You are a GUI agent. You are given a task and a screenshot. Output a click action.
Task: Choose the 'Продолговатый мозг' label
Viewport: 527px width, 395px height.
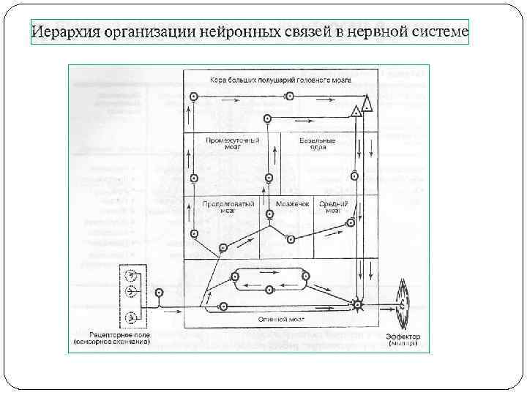229,207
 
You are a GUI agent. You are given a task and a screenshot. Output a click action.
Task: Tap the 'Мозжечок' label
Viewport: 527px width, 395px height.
293,204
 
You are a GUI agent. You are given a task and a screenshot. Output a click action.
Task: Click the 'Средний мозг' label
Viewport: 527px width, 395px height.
334,207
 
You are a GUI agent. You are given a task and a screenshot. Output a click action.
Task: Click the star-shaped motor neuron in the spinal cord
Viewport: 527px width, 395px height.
357,304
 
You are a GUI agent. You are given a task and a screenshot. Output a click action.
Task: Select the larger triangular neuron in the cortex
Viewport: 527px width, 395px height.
367,105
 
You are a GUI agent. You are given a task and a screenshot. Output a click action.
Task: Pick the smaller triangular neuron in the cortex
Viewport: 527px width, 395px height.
356,111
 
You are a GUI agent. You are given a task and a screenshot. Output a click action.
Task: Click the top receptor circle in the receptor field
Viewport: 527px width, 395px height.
131,276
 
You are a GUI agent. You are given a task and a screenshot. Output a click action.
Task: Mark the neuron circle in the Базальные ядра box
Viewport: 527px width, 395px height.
354,175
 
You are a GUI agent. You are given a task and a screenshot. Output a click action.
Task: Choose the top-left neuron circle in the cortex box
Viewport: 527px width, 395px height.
193,96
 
